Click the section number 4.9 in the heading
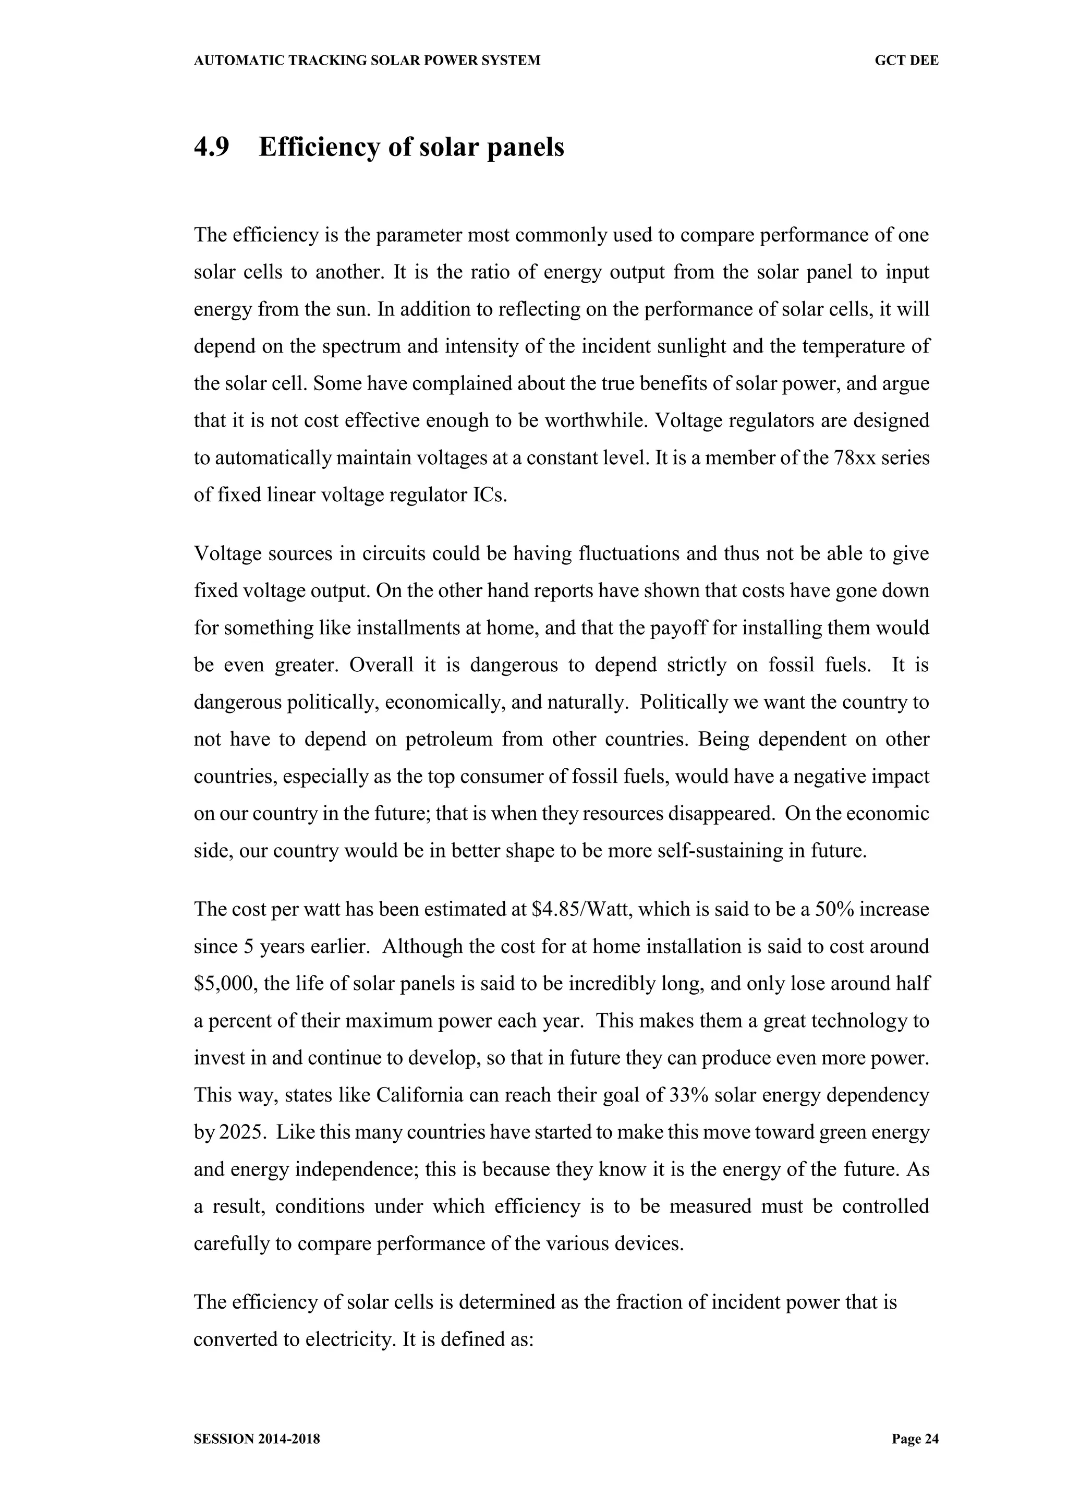[x=211, y=147]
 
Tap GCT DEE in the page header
[x=906, y=61]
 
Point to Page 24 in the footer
[x=915, y=1439]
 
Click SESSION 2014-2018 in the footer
[x=257, y=1439]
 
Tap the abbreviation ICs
[x=490, y=495]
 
